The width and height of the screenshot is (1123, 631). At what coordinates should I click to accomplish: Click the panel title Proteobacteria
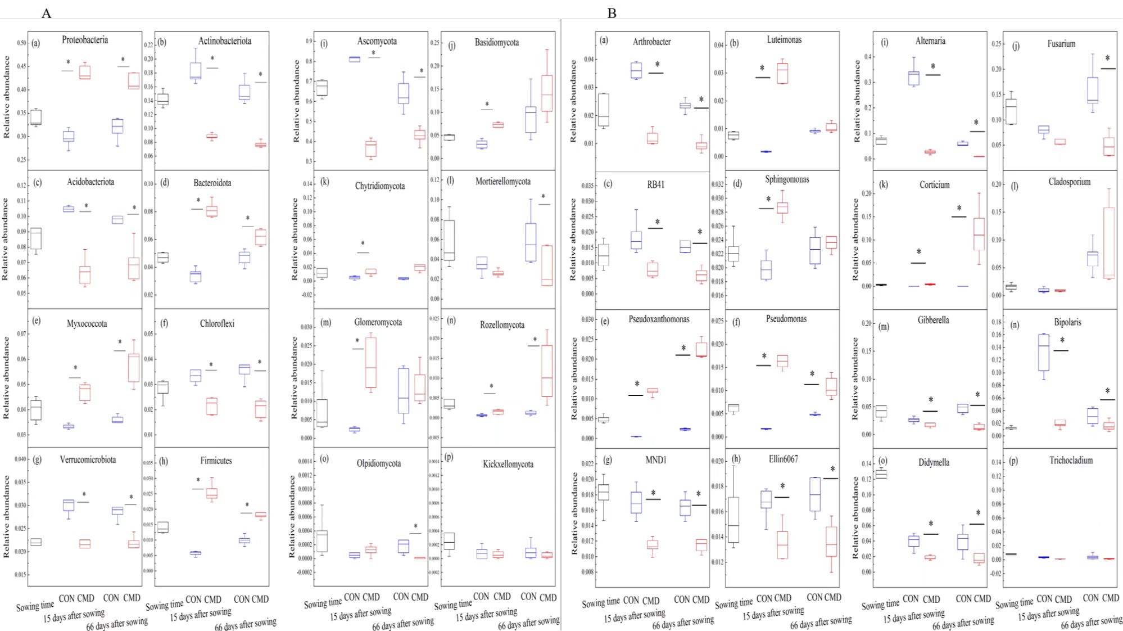click(85, 40)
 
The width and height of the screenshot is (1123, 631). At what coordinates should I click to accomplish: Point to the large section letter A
click(46, 13)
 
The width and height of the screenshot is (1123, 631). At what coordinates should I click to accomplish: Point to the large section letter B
click(612, 13)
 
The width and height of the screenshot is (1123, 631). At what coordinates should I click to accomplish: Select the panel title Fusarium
click(1061, 44)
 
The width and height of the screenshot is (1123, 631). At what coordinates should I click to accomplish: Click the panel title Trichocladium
click(1071, 461)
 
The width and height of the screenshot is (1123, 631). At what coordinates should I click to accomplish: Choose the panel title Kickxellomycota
click(508, 465)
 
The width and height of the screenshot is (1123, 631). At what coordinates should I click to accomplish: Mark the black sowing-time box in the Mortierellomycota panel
click(449, 240)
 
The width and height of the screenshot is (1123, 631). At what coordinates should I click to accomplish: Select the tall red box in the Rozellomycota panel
click(547, 371)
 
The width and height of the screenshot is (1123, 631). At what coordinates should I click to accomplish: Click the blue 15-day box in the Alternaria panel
click(913, 78)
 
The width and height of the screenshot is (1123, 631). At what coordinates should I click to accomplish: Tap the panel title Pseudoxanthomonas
click(659, 319)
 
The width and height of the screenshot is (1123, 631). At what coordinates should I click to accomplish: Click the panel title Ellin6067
click(783, 459)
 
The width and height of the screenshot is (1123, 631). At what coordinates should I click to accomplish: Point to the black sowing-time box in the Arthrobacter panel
click(603, 110)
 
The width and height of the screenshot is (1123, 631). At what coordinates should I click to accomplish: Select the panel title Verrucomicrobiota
click(88, 460)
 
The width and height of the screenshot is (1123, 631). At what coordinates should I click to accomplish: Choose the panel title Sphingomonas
click(787, 180)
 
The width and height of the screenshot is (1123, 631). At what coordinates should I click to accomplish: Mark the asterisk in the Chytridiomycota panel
click(363, 244)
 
